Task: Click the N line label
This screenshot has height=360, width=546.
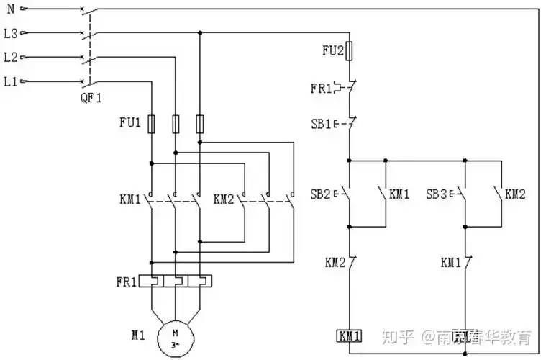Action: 9,9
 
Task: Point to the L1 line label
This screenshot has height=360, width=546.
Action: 11,81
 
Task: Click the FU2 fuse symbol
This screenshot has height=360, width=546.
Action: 350,50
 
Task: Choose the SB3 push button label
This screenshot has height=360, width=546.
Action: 437,194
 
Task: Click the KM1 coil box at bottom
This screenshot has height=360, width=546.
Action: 350,336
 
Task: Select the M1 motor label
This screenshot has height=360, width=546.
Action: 139,335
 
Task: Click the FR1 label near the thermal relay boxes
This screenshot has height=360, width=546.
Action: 125,282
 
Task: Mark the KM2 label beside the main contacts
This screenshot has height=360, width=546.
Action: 224,197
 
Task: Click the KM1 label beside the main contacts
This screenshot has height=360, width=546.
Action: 130,197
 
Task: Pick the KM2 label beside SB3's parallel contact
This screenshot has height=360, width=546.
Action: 515,194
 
